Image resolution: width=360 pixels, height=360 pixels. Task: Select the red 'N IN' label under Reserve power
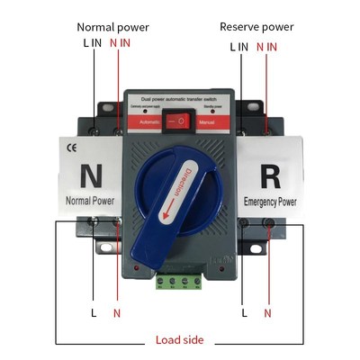(266, 46)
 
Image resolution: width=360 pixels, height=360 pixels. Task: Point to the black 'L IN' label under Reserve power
(238, 46)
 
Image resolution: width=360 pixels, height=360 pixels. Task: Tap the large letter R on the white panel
(270, 173)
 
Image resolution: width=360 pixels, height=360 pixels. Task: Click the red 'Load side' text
(179, 340)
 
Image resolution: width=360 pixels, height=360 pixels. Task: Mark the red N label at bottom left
(116, 313)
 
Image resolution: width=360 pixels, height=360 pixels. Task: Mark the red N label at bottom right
(267, 313)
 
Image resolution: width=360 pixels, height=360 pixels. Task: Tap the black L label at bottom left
(94, 313)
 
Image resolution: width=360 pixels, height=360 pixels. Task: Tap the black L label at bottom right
(244, 313)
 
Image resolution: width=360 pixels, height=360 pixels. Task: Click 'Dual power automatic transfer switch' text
(181, 95)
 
